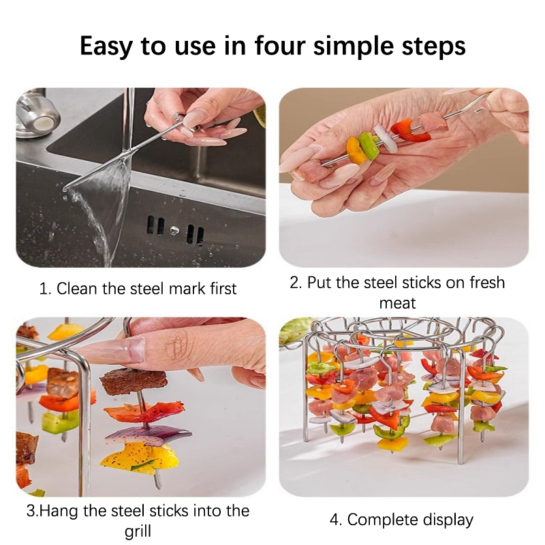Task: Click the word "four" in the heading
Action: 280,45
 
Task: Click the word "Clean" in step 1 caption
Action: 77,288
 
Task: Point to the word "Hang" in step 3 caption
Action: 57,512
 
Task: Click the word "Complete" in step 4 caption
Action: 382,520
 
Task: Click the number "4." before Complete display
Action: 336,520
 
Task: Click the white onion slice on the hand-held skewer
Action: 386,139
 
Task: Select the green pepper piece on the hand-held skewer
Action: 369,145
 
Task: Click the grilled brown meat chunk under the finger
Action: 133,381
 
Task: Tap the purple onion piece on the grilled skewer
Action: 148,435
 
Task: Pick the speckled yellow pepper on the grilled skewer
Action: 139,458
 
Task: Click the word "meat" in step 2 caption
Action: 397,303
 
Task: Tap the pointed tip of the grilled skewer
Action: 159,486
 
